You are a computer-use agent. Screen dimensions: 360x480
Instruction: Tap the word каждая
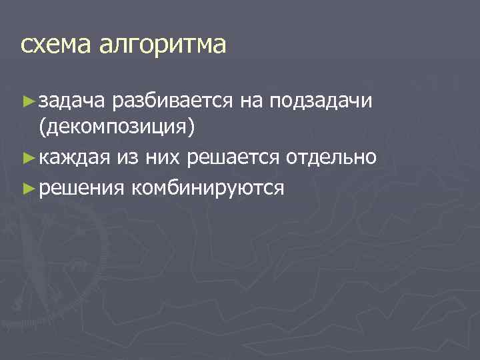[75, 158]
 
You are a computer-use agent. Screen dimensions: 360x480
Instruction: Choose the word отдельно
[333, 158]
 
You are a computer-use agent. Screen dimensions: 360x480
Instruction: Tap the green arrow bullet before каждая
[27, 158]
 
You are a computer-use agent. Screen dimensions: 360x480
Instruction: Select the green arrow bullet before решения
[27, 188]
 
